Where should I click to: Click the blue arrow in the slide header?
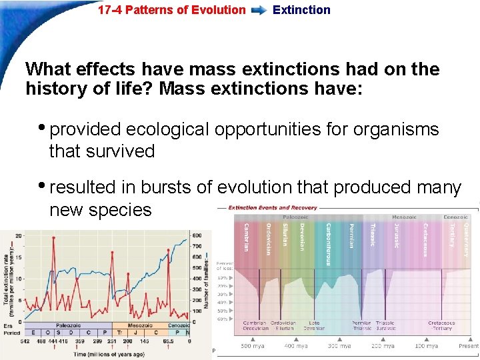pos(259,10)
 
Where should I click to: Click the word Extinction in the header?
pos(301,10)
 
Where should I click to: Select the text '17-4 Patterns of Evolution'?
pos(171,10)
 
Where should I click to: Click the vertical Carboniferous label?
pos(329,243)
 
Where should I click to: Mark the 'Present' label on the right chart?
pos(469,347)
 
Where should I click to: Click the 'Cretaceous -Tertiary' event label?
pos(441,325)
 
